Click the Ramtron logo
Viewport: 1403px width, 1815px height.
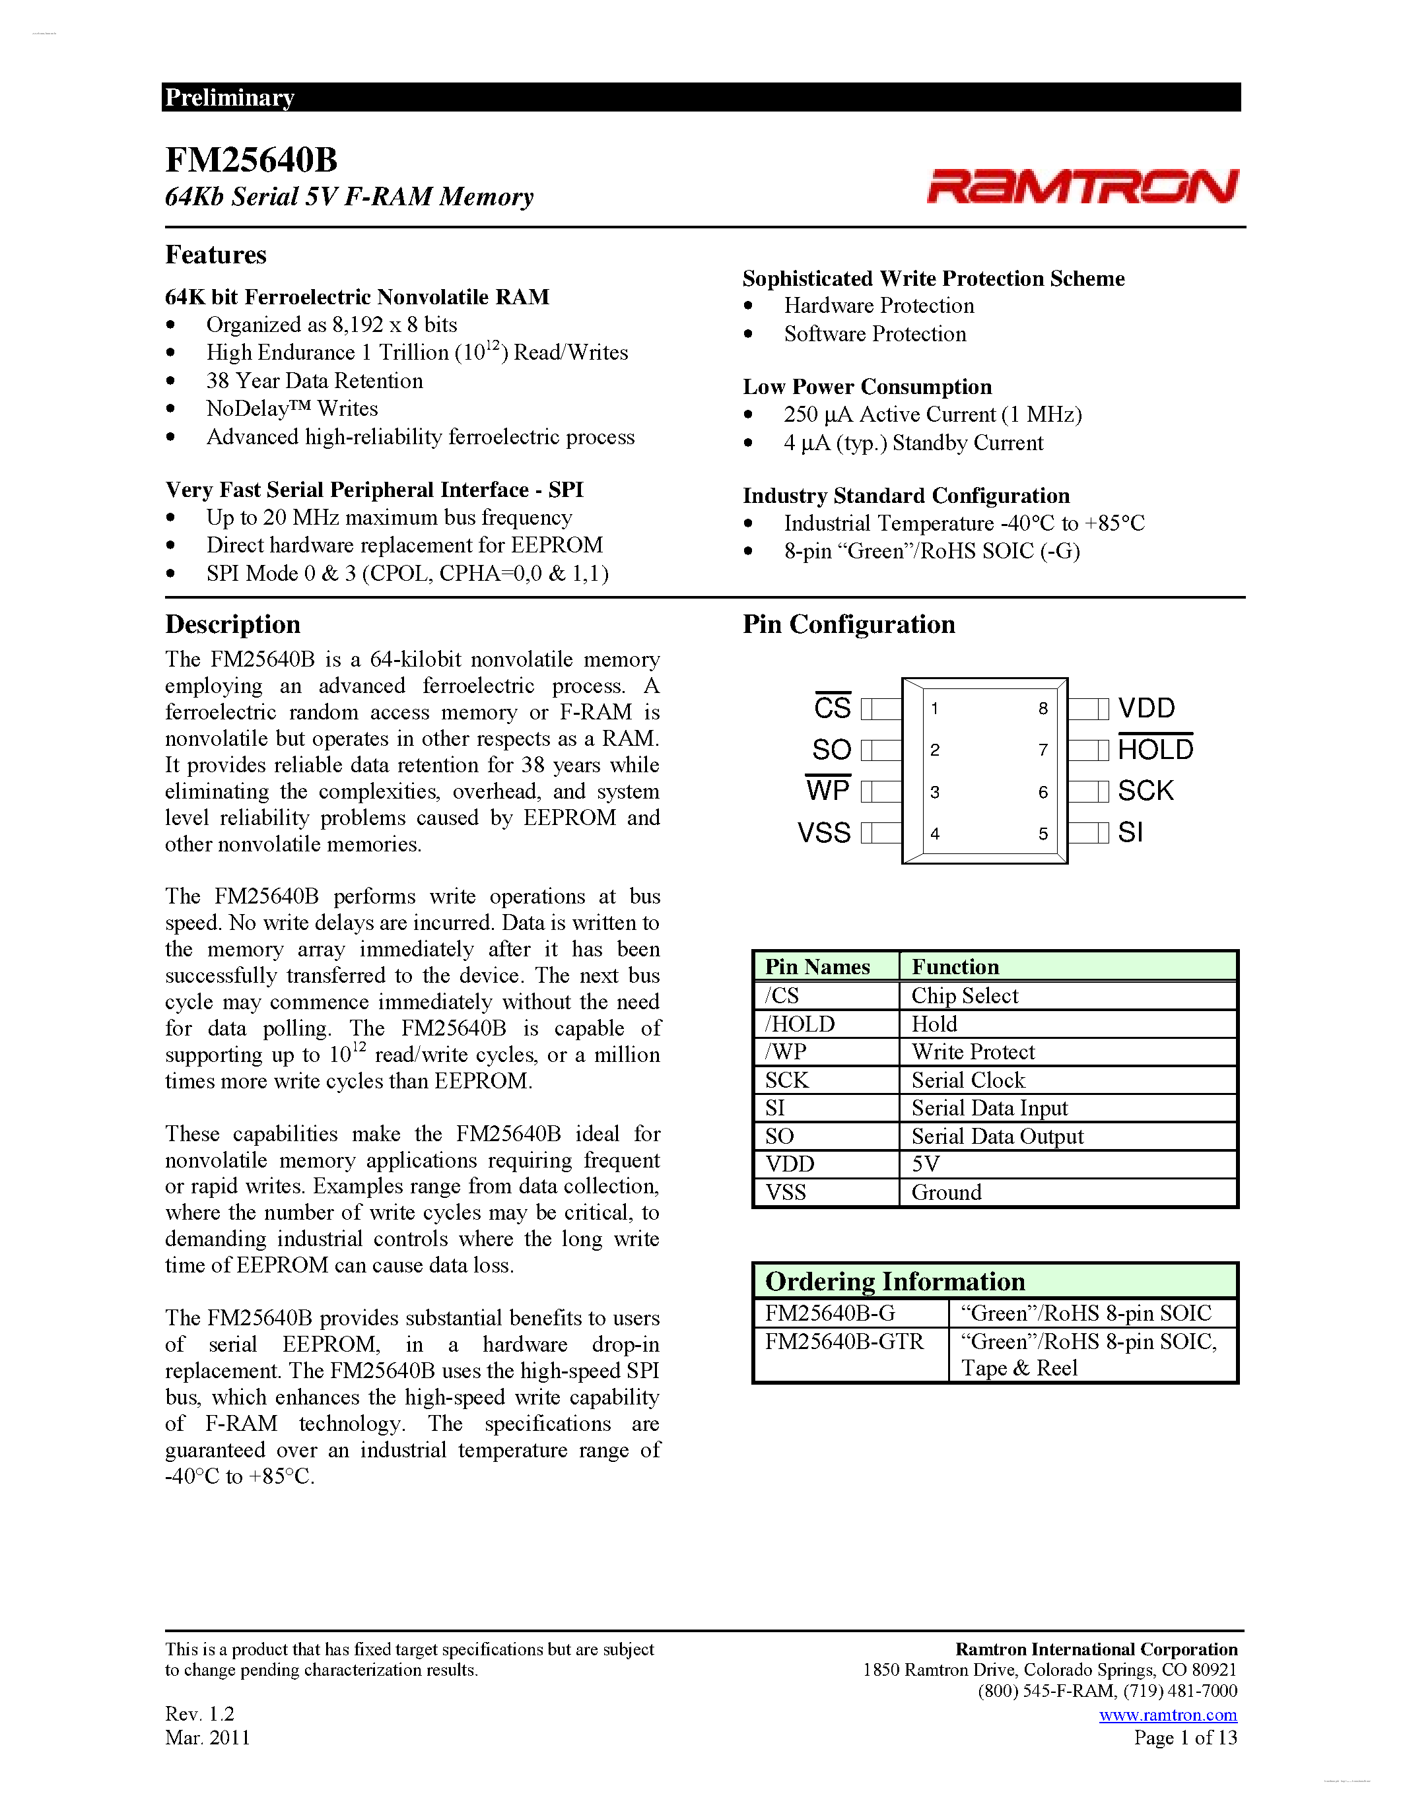(1082, 186)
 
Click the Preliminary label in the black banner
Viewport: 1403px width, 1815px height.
(229, 97)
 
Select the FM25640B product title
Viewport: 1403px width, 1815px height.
(251, 160)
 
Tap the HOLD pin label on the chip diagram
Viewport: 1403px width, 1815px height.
(1155, 750)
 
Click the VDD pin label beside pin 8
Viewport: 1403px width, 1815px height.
(1146, 708)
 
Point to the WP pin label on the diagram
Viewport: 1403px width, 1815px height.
(828, 790)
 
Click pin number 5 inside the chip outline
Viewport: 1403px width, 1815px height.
(1043, 834)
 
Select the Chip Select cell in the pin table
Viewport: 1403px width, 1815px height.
(964, 995)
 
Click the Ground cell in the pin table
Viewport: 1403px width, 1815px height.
(946, 1193)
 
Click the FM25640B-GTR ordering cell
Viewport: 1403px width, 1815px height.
(844, 1342)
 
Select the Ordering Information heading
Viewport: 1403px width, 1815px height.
(895, 1282)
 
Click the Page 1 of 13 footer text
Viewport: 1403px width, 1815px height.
(1184, 1738)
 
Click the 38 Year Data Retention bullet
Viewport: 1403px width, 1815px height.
(314, 381)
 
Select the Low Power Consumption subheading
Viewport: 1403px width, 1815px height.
(867, 387)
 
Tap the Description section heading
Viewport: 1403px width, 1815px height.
(232, 624)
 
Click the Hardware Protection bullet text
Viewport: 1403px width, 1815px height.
(879, 306)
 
